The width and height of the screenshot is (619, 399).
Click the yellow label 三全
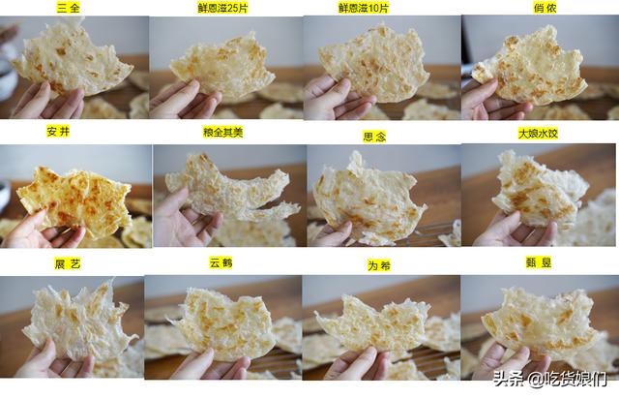coord(69,8)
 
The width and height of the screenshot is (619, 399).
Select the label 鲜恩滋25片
coord(222,8)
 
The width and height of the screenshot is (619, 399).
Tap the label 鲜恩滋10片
coord(364,8)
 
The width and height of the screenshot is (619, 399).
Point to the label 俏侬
coord(545,8)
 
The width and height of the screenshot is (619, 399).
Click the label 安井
coord(58,132)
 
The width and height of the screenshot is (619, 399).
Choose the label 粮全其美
coord(223,132)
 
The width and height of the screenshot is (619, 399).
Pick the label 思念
coord(374,137)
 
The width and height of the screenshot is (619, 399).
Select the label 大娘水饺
coord(538,134)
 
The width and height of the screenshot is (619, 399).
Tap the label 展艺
coord(68,263)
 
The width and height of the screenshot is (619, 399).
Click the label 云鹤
coord(221,262)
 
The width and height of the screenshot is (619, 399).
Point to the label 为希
coord(379,265)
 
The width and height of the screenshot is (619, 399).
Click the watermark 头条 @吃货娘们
coord(549,379)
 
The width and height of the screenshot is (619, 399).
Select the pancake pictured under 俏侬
coord(531,67)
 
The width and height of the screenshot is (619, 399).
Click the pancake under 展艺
coord(79,321)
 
